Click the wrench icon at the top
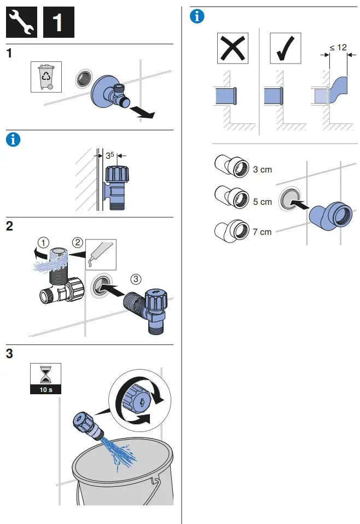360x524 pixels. point(22,22)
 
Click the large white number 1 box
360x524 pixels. point(57,22)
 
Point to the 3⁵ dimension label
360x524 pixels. point(109,155)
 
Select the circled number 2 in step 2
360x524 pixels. point(78,241)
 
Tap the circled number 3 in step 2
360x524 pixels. point(136,279)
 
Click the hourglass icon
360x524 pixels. point(46,375)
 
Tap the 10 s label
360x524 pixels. point(46,390)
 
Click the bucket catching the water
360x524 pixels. point(123,476)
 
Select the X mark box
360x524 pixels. point(233,48)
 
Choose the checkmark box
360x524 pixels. point(286,48)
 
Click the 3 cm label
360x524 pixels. point(262,170)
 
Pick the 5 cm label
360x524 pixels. point(262,201)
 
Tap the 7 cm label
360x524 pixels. point(262,232)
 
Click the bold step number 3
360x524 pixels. point(10,354)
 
